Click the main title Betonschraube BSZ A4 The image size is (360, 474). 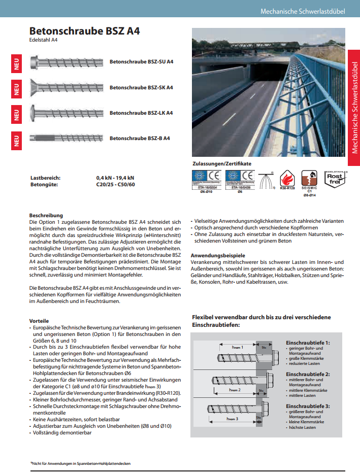84,31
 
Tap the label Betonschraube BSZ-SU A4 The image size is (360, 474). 142,62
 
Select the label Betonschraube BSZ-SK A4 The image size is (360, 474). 141,87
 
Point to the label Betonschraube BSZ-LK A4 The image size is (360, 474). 141,113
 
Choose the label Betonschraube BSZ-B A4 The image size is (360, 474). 140,138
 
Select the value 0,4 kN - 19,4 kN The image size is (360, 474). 115,178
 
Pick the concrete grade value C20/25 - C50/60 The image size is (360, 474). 115,185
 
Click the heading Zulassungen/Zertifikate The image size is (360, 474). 221,163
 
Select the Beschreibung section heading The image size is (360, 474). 46,216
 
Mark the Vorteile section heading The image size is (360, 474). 40,321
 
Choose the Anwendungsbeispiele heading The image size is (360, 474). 218,255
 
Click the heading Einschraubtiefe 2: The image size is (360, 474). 308,374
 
